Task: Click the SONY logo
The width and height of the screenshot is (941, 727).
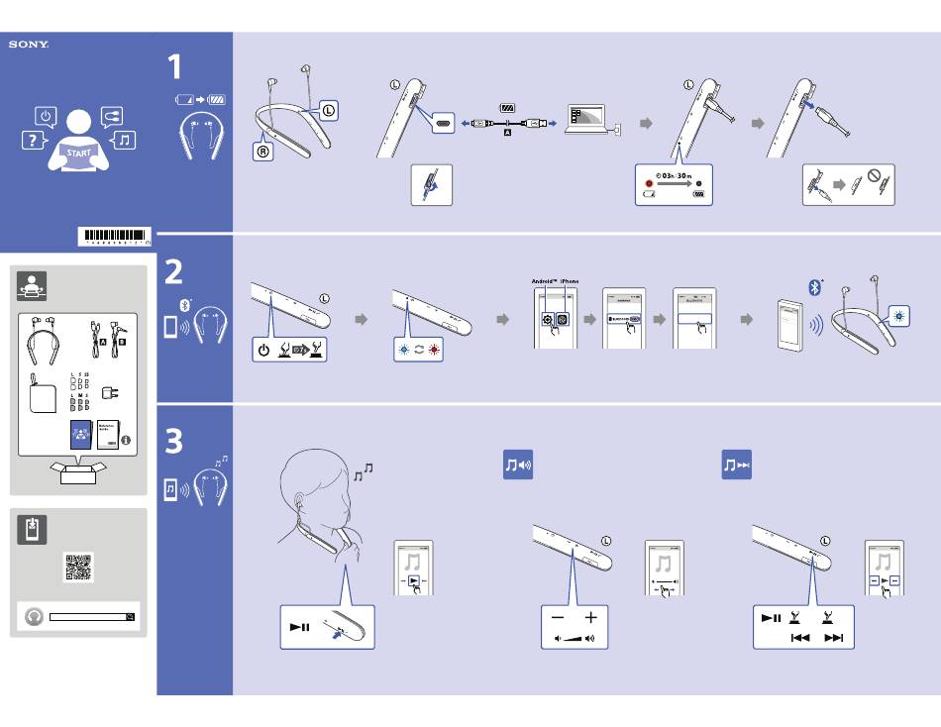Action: (29, 45)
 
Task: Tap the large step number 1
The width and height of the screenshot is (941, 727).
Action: (174, 67)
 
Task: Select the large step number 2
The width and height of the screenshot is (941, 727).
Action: (174, 271)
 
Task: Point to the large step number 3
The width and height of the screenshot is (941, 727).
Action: (174, 441)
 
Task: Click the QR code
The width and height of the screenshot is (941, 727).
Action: (78, 567)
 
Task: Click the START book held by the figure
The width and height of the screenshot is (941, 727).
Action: (79, 154)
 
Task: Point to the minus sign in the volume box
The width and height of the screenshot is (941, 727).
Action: (558, 617)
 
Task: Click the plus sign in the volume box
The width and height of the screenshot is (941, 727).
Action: (591, 617)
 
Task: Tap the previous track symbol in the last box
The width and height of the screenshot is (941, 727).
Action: (800, 638)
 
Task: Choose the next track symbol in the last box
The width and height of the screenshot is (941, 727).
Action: (834, 638)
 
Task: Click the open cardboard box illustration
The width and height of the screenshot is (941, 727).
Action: (78, 473)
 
